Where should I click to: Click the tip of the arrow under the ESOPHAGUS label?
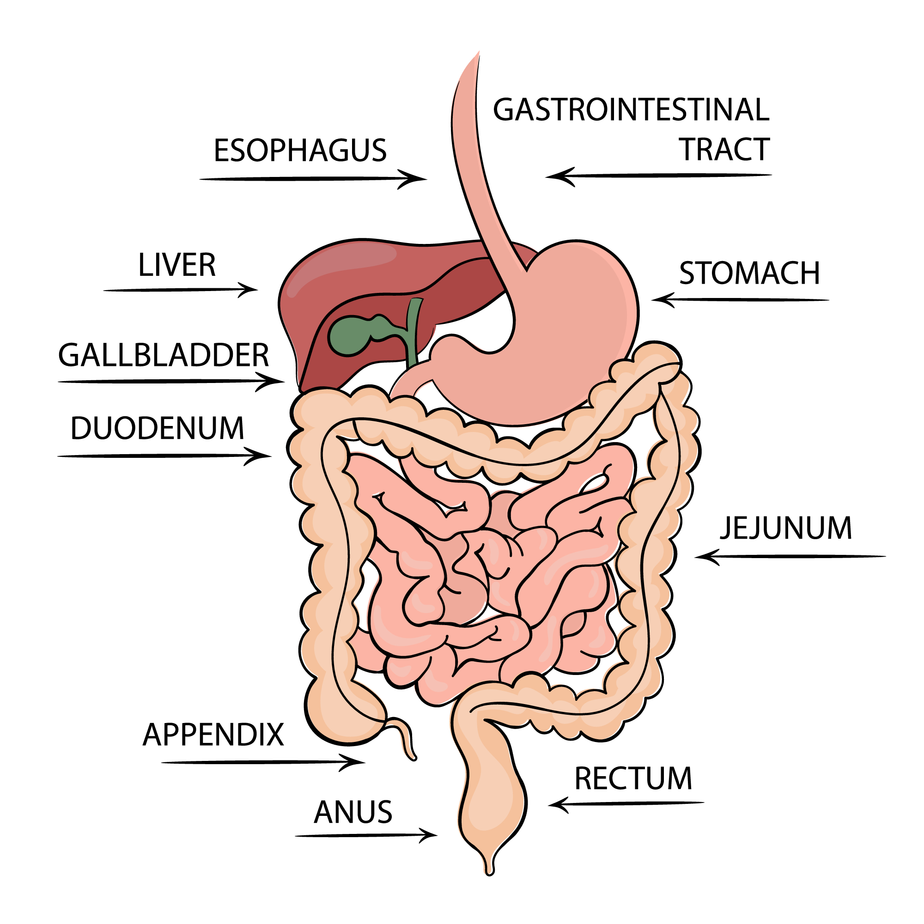click(x=426, y=179)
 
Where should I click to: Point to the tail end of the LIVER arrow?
click(x=104, y=290)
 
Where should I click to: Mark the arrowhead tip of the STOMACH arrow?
click(x=651, y=300)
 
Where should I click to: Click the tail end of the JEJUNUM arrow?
click(x=886, y=556)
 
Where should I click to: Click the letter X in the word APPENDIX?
click(x=274, y=735)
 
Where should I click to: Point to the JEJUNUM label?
click(x=786, y=529)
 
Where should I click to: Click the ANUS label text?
click(x=353, y=812)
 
